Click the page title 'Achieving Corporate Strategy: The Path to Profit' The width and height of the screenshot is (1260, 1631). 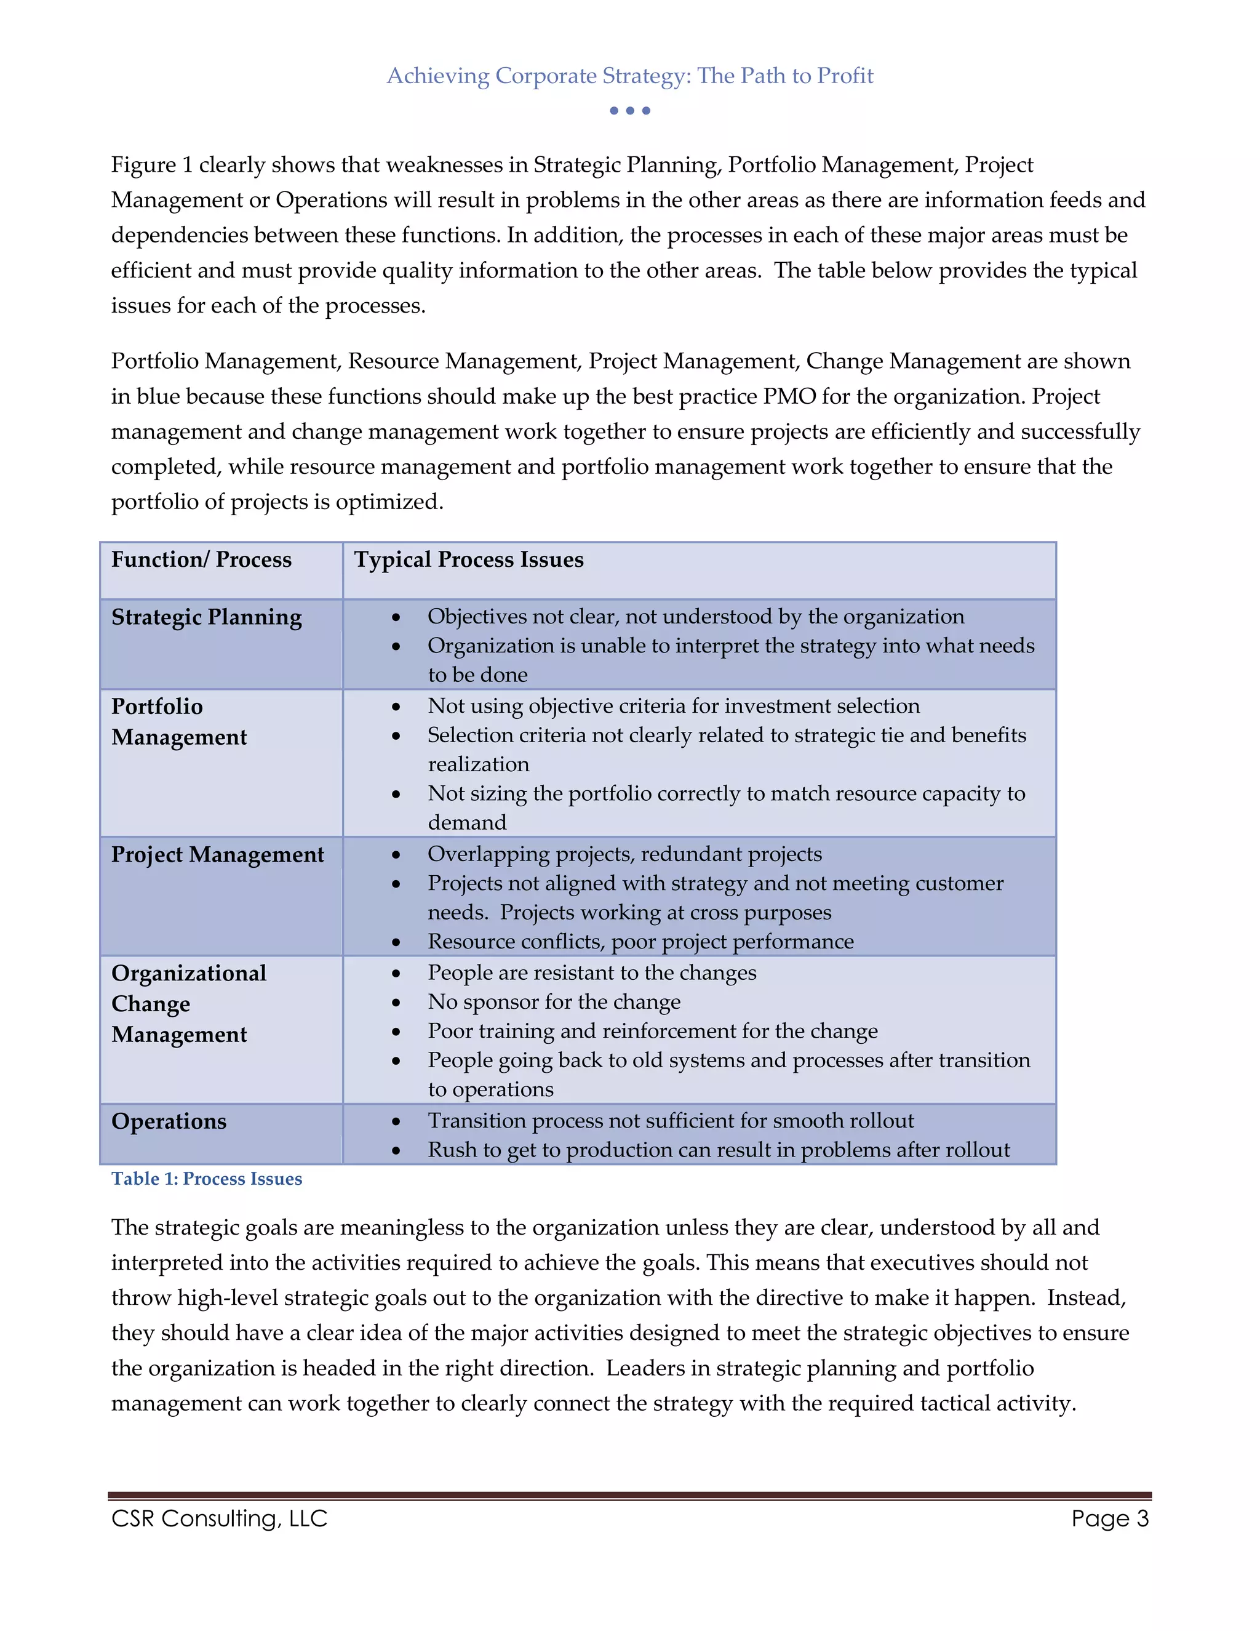tap(629, 76)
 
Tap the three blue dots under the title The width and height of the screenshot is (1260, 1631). tap(629, 111)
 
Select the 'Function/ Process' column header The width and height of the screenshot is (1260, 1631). tap(201, 559)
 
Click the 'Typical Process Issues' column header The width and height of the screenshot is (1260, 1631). tap(468, 559)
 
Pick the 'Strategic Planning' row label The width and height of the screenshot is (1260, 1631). tap(206, 617)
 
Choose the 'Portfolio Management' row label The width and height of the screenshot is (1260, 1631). tap(178, 721)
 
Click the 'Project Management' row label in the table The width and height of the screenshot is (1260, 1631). tap(217, 854)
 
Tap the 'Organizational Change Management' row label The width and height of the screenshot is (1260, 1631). tap(188, 1004)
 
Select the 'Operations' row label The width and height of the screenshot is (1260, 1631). tap(169, 1121)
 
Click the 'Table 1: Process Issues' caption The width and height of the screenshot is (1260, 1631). tap(206, 1179)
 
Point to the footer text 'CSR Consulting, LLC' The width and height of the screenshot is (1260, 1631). tap(218, 1518)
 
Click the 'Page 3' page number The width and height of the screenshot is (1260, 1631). tap(1109, 1518)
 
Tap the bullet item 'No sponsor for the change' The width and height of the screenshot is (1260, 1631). tap(553, 1001)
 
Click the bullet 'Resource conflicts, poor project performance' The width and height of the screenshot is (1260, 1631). tap(640, 941)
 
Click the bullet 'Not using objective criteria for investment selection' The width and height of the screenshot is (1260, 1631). tap(672, 706)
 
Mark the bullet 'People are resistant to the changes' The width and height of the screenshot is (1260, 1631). tap(591, 972)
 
